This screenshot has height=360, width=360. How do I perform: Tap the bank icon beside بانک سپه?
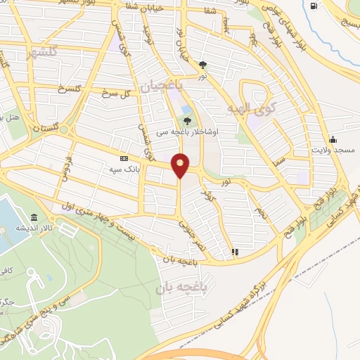pyautogui.click(x=124, y=160)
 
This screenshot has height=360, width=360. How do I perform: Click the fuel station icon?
pyautogui.click(x=313, y=6)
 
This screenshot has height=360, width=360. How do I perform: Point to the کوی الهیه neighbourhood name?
pyautogui.click(x=250, y=108)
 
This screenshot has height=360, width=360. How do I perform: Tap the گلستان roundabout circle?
pyautogui.click(x=65, y=130)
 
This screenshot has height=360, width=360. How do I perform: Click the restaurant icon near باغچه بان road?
pyautogui.click(x=235, y=251)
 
